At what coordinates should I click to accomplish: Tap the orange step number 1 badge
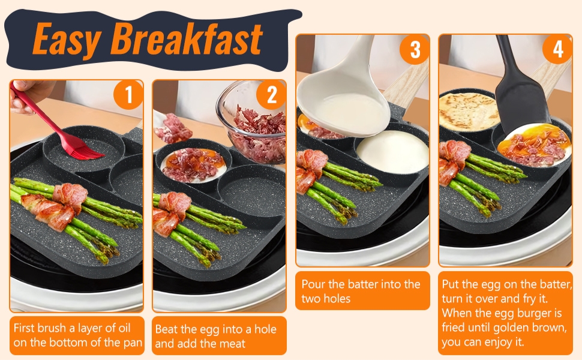(127, 96)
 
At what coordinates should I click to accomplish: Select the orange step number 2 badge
(271, 96)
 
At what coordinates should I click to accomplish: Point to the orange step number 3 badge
(415, 50)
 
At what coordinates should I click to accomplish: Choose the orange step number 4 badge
(558, 50)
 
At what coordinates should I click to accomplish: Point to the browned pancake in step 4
(469, 110)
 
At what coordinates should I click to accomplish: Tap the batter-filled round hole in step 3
(392, 152)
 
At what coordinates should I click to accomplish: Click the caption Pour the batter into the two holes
(361, 291)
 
